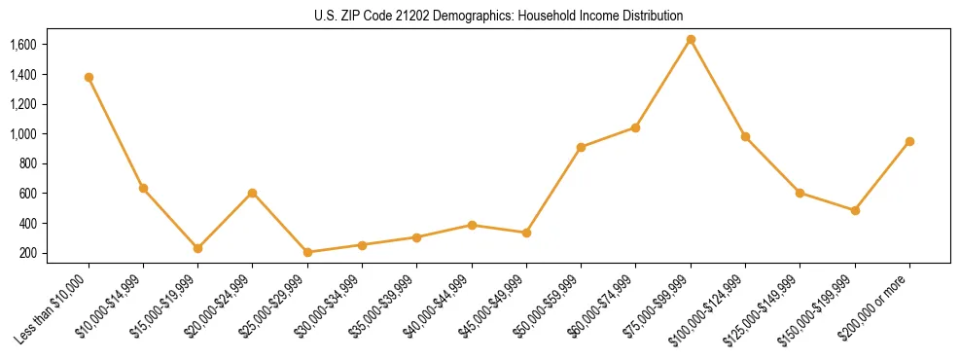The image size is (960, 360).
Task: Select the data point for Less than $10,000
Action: pyautogui.click(x=89, y=77)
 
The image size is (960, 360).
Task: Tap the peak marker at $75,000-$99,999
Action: pyautogui.click(x=691, y=40)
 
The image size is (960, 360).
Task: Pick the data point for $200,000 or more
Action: pyautogui.click(x=909, y=141)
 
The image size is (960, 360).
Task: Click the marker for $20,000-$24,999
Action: pyautogui.click(x=253, y=193)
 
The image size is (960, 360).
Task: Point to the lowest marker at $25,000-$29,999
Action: pyautogui.click(x=307, y=252)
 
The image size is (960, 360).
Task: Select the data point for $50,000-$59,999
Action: pyautogui.click(x=581, y=147)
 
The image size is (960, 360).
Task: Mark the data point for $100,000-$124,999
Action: pyautogui.click(x=745, y=136)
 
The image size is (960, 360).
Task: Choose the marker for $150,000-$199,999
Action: pyautogui.click(x=855, y=210)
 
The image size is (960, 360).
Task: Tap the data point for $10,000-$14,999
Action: pyautogui.click(x=143, y=188)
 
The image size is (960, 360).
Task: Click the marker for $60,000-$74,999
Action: pyautogui.click(x=635, y=127)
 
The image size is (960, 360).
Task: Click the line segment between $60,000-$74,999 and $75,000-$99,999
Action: pyautogui.click(x=663, y=84)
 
